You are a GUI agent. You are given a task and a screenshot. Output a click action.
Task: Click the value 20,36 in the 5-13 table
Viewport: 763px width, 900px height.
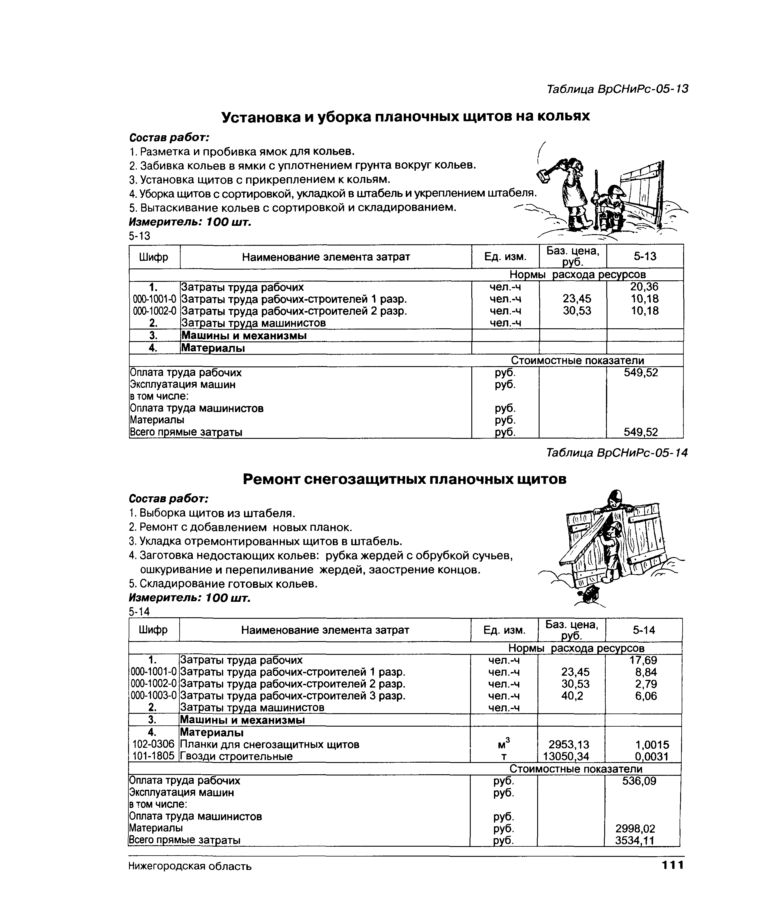(644, 287)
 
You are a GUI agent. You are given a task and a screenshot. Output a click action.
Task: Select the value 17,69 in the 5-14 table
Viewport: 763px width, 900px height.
(643, 660)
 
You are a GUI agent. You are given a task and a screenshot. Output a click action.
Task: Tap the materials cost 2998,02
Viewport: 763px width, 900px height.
(635, 828)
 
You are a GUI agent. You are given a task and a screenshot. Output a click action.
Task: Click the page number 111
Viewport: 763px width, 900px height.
(672, 865)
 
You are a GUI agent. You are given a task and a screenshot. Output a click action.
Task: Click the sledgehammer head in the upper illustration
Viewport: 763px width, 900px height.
(543, 175)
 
